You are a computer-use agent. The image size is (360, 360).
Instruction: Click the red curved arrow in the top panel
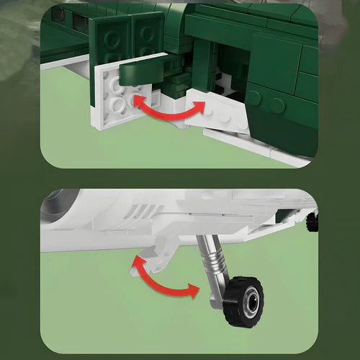tap(167, 110)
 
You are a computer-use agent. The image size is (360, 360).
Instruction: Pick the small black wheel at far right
tap(312, 221)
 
